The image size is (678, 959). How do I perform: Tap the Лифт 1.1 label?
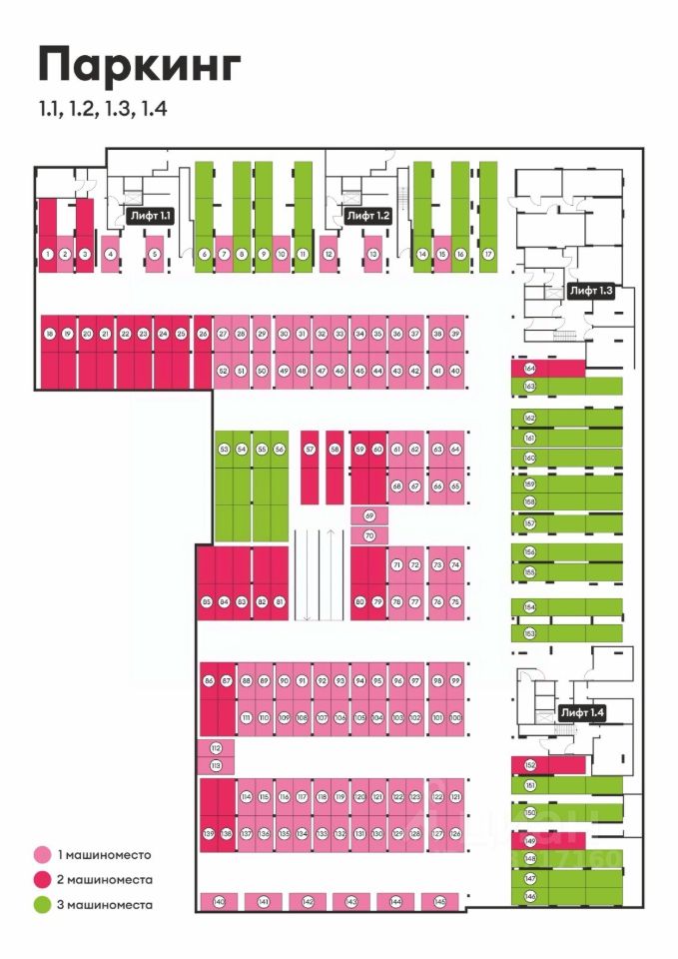[x=151, y=215]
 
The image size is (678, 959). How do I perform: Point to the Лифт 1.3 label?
[x=591, y=291]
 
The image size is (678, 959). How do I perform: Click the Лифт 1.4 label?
[x=583, y=712]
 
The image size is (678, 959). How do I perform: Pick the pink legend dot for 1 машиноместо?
[x=42, y=855]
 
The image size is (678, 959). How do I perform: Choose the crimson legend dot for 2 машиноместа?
[x=42, y=880]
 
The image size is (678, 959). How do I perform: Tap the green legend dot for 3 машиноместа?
[x=42, y=905]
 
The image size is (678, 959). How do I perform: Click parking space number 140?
[x=219, y=902]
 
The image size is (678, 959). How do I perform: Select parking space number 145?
[x=440, y=902]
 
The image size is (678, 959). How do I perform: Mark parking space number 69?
[x=369, y=516]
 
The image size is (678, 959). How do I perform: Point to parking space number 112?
[x=216, y=748]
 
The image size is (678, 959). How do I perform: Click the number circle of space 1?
[x=47, y=255]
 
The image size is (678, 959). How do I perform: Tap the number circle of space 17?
[x=488, y=255]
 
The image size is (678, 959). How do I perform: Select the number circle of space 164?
[x=530, y=369]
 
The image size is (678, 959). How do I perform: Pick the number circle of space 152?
[x=530, y=765]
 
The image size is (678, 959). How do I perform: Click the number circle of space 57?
[x=310, y=451]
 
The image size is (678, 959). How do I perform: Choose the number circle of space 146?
[x=530, y=897]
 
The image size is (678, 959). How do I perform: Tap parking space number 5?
[x=154, y=255]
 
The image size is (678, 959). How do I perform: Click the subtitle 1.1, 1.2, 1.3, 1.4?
[x=102, y=109]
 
